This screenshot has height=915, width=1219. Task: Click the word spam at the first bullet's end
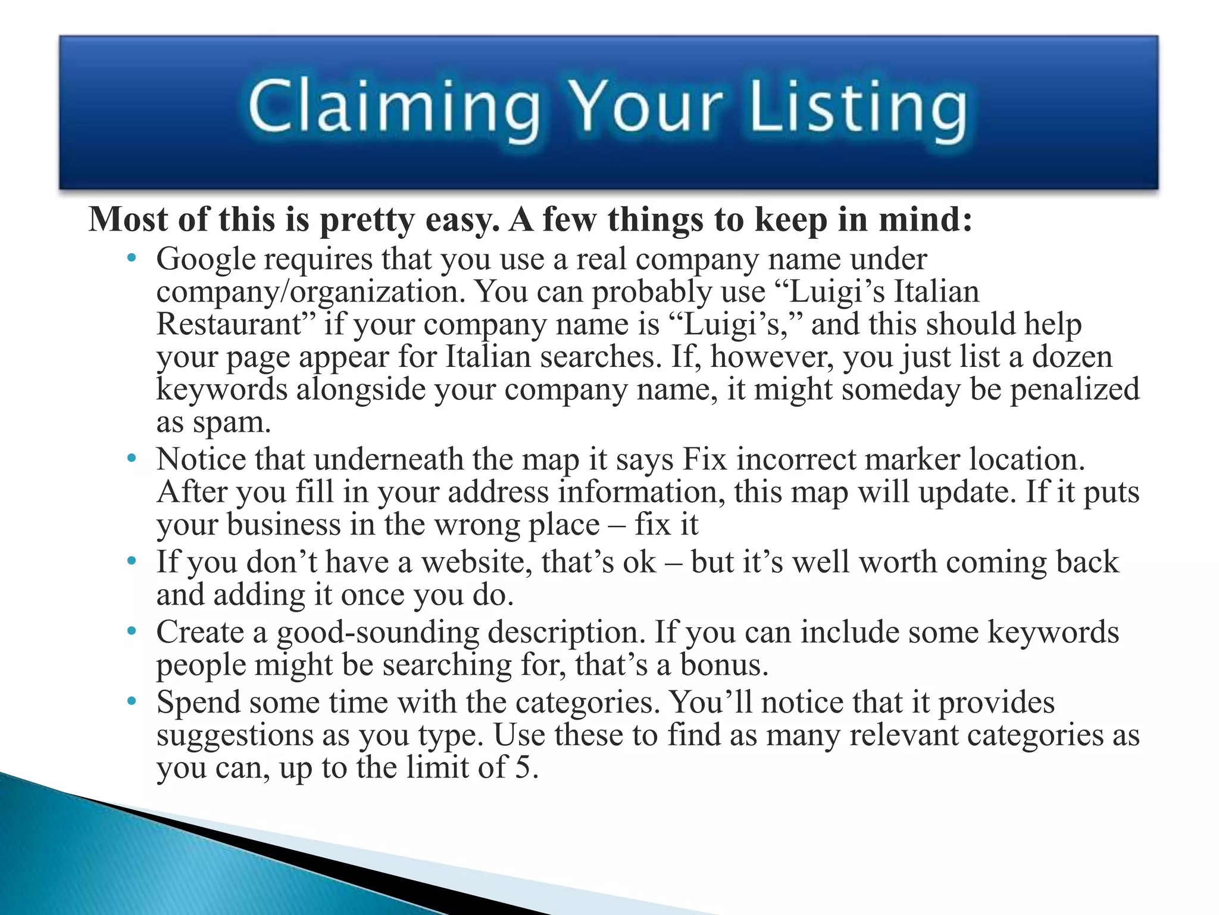tap(232, 424)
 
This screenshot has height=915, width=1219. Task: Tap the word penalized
tap(1074, 390)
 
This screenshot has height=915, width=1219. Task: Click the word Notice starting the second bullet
tap(201, 460)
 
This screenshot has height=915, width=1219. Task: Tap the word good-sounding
tap(377, 633)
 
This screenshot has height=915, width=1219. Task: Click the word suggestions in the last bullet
tap(235, 736)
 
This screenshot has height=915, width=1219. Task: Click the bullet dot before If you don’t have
tap(132, 561)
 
